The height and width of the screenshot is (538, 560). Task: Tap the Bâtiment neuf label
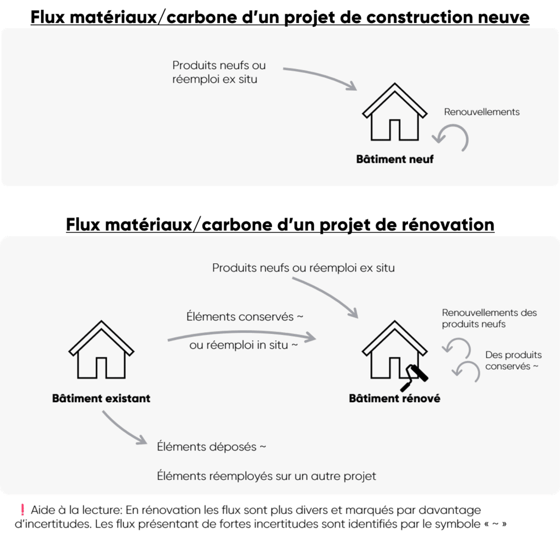[395, 159]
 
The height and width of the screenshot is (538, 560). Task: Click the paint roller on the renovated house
[415, 378]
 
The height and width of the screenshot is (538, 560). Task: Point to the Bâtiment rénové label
[395, 398]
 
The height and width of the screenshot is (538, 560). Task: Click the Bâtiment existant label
[101, 398]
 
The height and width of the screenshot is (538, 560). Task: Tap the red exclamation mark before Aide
[22, 510]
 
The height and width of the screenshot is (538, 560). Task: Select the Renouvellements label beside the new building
[482, 112]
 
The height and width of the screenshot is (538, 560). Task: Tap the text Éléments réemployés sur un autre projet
[266, 476]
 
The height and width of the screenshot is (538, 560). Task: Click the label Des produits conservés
[513, 360]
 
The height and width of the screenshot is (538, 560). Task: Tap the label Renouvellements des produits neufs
[489, 318]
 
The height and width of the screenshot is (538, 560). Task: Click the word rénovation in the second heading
[448, 225]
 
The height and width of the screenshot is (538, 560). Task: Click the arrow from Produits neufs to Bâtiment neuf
[322, 75]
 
